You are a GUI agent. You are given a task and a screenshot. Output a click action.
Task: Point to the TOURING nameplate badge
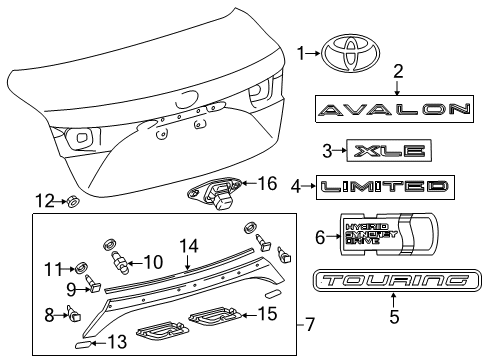pyautogui.click(x=390, y=283)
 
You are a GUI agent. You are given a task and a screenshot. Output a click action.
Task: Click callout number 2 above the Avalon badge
pyautogui.click(x=398, y=71)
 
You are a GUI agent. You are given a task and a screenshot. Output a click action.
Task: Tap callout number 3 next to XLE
pyautogui.click(x=327, y=152)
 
